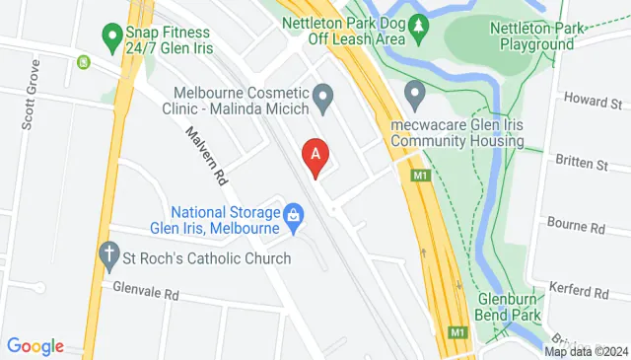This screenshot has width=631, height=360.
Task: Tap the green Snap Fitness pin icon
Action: point(111,38)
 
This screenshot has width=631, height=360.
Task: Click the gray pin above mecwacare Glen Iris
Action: point(415,97)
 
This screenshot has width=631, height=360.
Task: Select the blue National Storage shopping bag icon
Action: point(293,214)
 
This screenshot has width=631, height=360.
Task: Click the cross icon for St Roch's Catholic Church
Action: point(110,258)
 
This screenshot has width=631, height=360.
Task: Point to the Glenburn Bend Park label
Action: point(517,306)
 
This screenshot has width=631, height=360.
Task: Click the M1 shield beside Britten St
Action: point(420,175)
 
